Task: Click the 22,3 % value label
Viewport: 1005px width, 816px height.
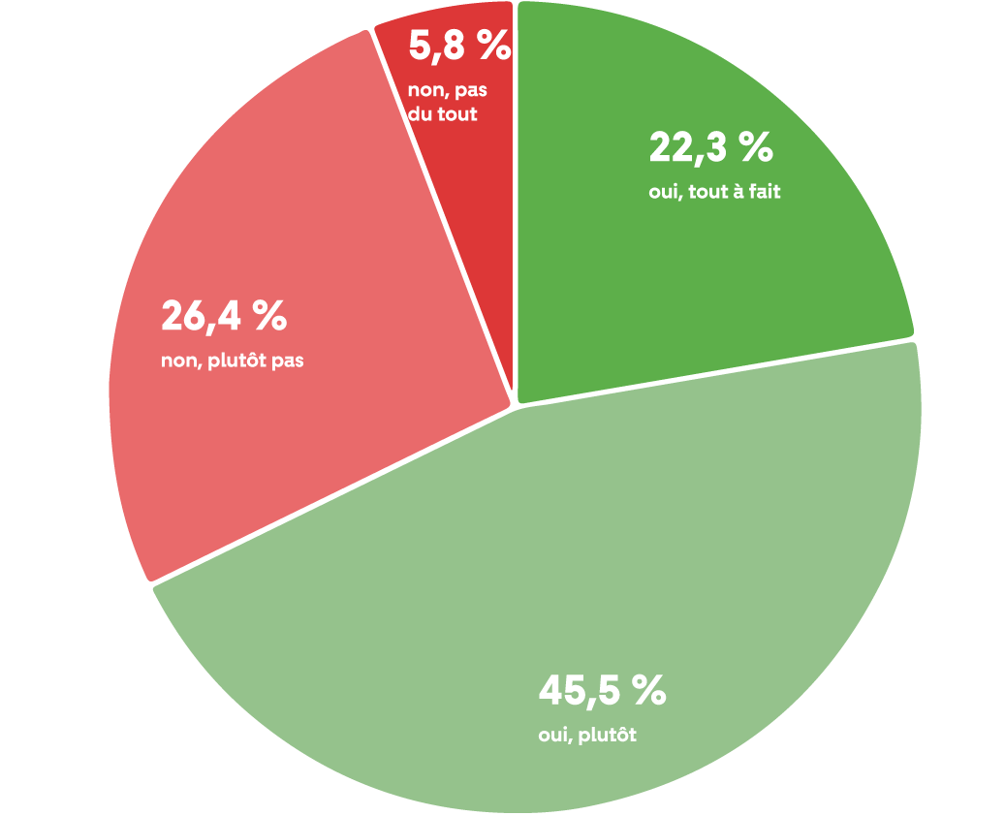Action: [x=710, y=148]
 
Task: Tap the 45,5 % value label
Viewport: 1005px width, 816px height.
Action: [x=602, y=692]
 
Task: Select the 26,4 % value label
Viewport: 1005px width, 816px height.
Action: [x=224, y=316]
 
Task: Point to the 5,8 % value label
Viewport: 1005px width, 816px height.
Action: [x=459, y=46]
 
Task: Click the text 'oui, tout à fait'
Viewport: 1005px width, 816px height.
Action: [x=714, y=192]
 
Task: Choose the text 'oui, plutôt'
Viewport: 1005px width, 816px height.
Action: [x=587, y=736]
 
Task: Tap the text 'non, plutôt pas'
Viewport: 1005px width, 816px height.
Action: [x=233, y=362]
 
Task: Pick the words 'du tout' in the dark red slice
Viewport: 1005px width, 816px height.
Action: [x=443, y=114]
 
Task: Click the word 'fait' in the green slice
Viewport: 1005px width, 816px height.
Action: [x=763, y=192]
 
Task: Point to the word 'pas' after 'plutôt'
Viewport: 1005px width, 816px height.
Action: [x=288, y=363]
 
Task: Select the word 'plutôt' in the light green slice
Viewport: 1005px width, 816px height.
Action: [x=608, y=736]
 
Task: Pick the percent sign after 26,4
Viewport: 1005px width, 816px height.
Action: [x=268, y=316]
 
